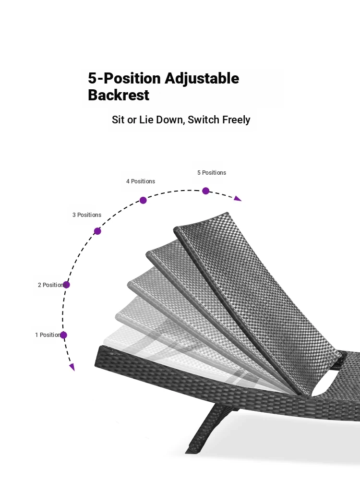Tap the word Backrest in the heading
click(119, 95)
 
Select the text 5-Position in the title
click(124, 78)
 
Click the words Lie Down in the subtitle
click(162, 120)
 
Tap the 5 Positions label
click(212, 173)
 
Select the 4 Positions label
click(141, 181)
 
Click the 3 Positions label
click(86, 215)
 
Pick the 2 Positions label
click(52, 285)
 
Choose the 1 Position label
click(48, 335)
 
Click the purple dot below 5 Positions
click(206, 191)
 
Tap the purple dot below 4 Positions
click(143, 200)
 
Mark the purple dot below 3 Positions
click(97, 231)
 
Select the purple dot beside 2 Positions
click(66, 285)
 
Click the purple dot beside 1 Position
click(63, 335)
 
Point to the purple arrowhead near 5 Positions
click(238, 199)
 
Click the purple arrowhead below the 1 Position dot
click(72, 367)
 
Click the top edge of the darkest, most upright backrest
click(201, 220)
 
